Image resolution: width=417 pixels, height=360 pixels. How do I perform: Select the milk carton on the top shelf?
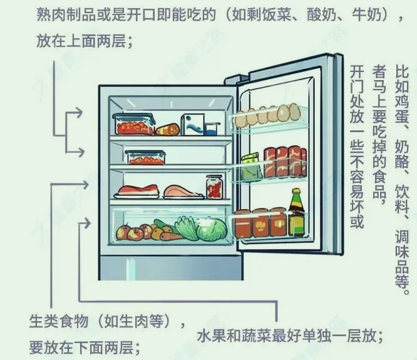192,124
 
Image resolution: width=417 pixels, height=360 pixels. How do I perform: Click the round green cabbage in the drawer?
211,230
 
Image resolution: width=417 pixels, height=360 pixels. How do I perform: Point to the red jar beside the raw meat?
214,187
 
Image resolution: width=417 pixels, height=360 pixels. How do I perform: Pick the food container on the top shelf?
133,124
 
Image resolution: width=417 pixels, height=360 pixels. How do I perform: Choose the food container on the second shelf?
145,157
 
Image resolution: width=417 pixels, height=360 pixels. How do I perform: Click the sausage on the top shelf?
167,130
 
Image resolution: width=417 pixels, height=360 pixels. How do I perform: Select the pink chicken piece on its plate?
182,190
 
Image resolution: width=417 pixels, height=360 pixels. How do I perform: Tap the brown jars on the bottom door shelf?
260,223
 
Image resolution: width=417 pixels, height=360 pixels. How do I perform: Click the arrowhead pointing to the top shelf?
78,113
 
